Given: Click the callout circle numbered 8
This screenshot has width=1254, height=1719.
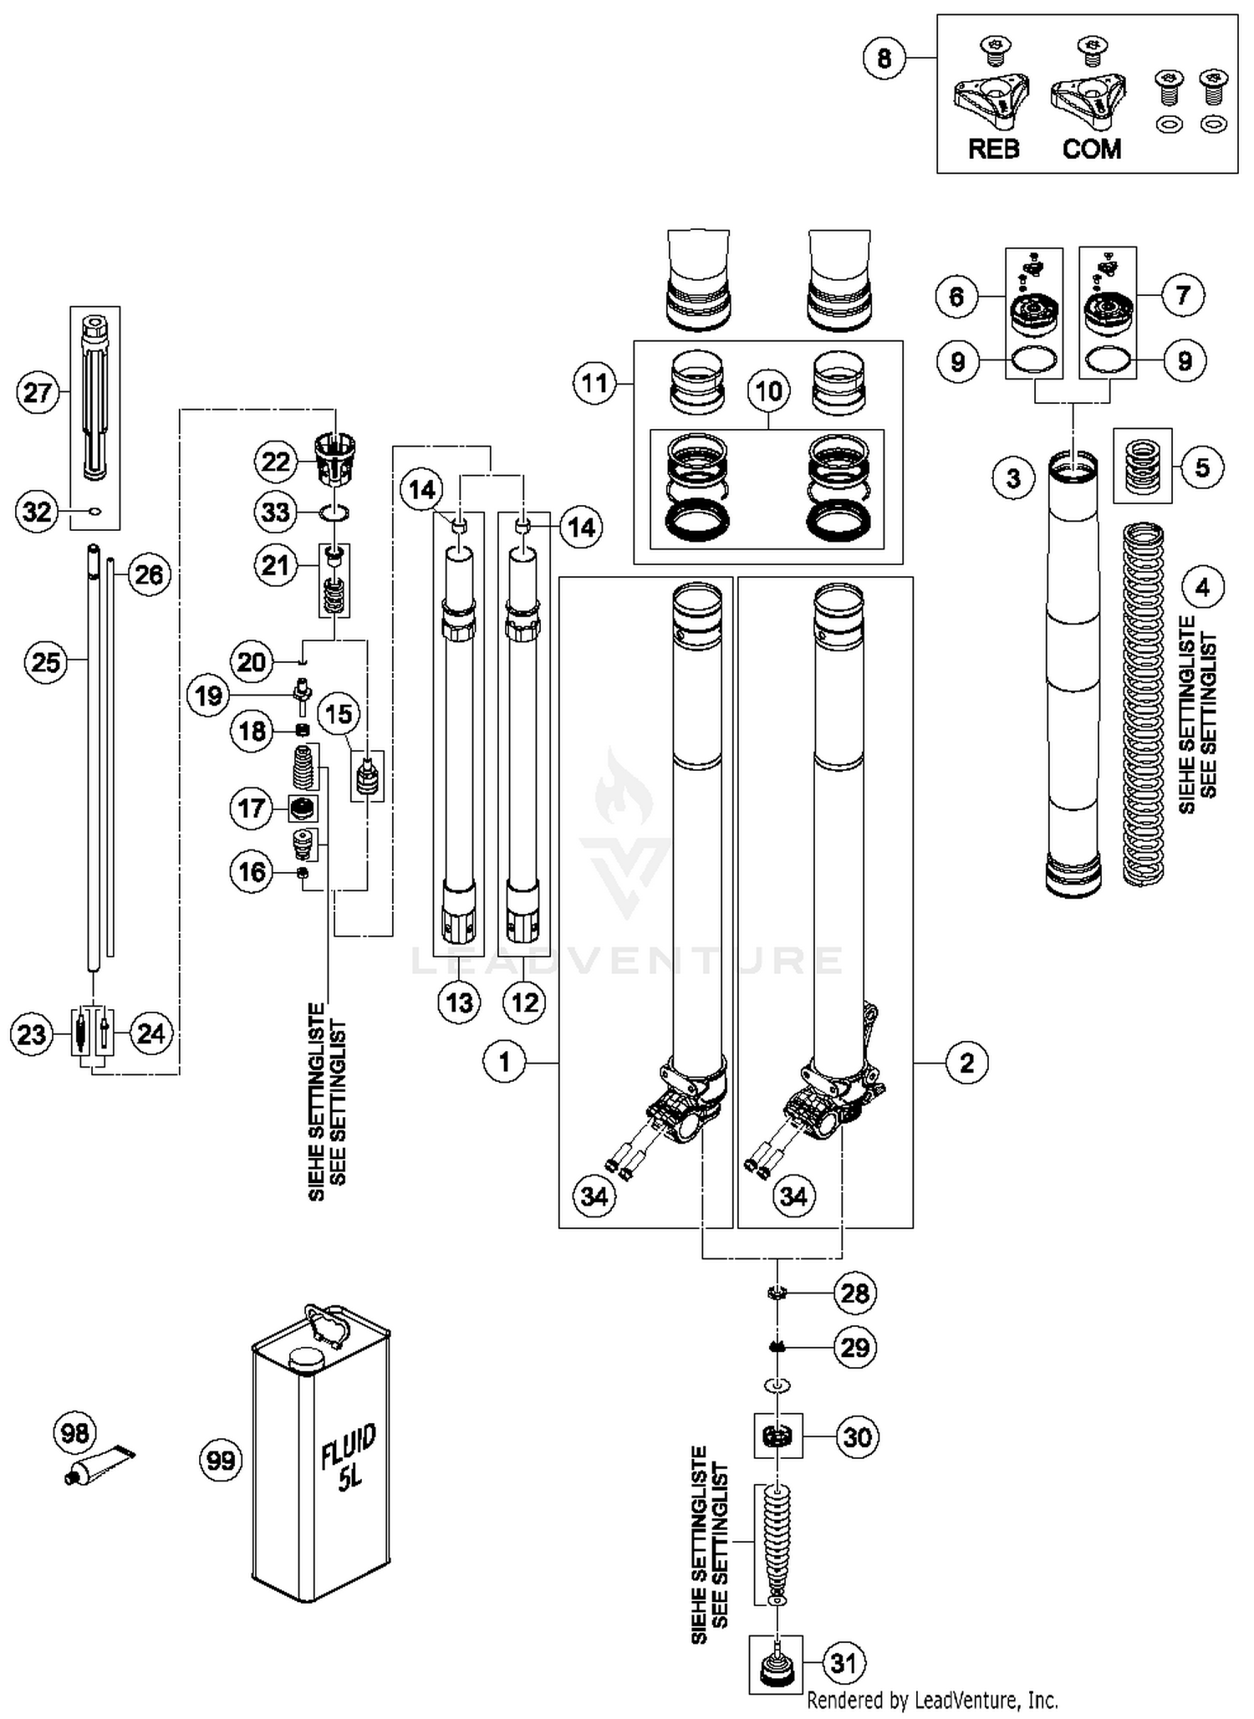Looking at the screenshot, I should coord(884,59).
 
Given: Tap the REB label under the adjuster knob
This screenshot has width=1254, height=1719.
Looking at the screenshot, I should coord(993,150).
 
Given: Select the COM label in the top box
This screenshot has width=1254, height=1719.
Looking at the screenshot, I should coord(1091,150).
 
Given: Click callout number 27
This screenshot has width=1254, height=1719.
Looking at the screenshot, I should coord(38,392).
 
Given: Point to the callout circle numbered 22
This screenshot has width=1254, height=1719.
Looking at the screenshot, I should coord(276,462).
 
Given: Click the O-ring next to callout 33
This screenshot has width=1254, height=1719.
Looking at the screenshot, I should coord(334,512).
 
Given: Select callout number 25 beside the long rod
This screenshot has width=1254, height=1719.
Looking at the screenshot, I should coord(45,662).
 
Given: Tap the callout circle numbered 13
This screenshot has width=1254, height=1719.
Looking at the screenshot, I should coord(460,1002).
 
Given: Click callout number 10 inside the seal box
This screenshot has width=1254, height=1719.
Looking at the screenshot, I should coord(768,390).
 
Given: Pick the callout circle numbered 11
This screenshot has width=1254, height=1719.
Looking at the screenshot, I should coord(594,384).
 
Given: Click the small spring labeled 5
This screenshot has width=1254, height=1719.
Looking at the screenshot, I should coord(1143,467).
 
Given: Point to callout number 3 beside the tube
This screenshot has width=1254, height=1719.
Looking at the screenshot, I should coord(1013,478).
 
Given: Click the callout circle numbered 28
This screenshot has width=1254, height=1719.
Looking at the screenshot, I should coord(854,1293).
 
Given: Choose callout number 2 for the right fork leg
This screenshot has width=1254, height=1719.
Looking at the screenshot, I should coord(966,1063).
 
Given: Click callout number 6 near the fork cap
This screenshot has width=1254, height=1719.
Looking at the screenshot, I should coord(956,296).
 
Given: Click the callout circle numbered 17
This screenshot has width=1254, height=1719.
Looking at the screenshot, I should coord(251,808).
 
